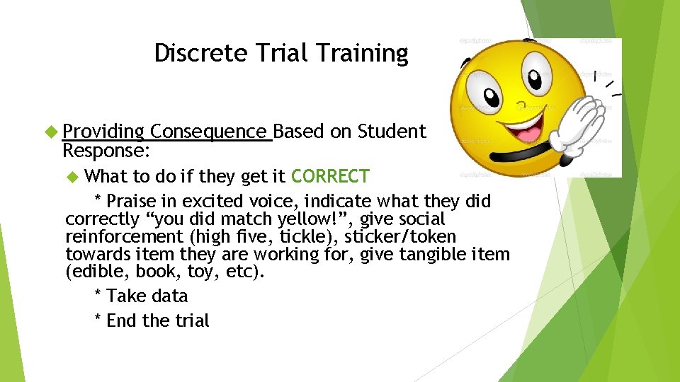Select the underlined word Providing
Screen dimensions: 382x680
[103, 132]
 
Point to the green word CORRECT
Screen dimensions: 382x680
[330, 176]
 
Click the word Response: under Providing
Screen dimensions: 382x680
[103, 151]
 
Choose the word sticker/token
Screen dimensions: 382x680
[400, 237]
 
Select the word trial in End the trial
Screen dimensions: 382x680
[192, 320]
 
